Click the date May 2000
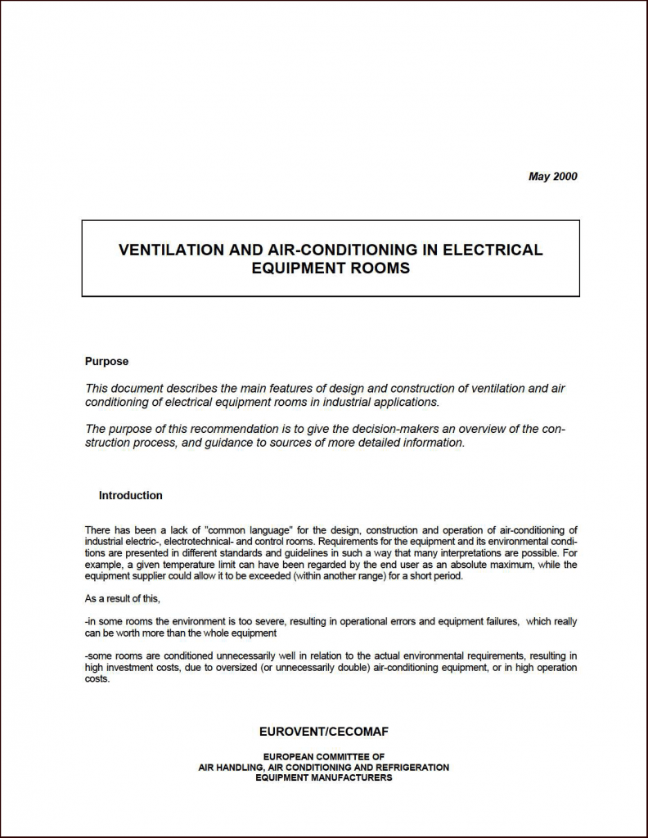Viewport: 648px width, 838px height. click(x=552, y=176)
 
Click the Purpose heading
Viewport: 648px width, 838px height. click(x=106, y=361)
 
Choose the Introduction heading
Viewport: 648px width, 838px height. click(x=130, y=495)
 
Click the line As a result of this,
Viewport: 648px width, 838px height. click(x=123, y=599)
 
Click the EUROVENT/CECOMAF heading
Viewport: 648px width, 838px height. click(x=323, y=732)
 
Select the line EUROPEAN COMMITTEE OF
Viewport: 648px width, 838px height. click(x=323, y=757)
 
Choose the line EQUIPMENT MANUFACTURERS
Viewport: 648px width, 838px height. click(x=323, y=777)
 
